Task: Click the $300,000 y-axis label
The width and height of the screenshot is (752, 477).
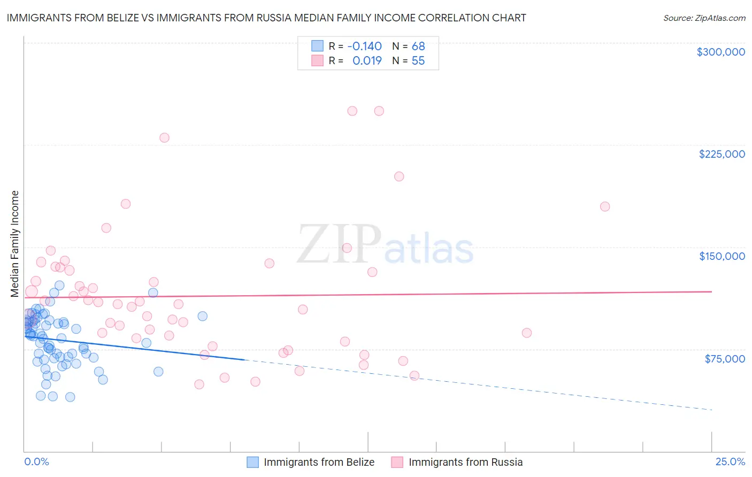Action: tap(720, 52)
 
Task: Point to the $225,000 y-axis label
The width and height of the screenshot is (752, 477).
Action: tap(722, 154)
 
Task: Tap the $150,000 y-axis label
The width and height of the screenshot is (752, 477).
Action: tap(722, 256)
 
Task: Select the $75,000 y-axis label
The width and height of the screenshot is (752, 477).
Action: tap(724, 359)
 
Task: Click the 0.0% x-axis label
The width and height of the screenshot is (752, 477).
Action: tap(36, 461)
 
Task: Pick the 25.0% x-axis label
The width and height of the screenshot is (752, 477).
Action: tap(730, 461)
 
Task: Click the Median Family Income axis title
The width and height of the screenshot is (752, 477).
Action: tap(14, 244)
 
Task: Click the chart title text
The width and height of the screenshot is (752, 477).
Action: tap(266, 18)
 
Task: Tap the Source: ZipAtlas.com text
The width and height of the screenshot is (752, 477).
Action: tap(704, 18)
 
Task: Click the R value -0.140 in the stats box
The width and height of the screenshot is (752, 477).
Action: tap(364, 46)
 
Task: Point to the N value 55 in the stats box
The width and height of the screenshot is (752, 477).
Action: tap(418, 61)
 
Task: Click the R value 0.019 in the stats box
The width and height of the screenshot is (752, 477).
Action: tap(367, 61)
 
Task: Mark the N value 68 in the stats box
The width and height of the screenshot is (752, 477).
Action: tap(418, 46)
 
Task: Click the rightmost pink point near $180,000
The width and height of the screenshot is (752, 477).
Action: tap(605, 206)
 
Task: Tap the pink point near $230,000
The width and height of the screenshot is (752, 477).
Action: tap(164, 138)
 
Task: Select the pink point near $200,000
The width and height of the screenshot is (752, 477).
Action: tap(399, 176)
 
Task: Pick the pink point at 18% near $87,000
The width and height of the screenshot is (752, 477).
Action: tap(527, 333)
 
